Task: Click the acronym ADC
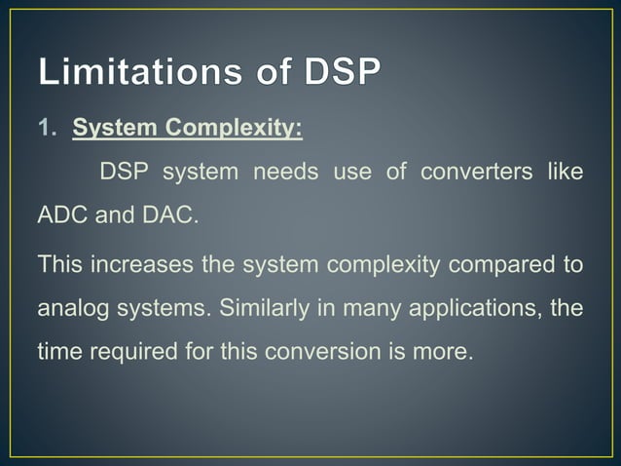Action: tap(62, 215)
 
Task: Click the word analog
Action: tap(70, 308)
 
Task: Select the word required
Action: tap(129, 352)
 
